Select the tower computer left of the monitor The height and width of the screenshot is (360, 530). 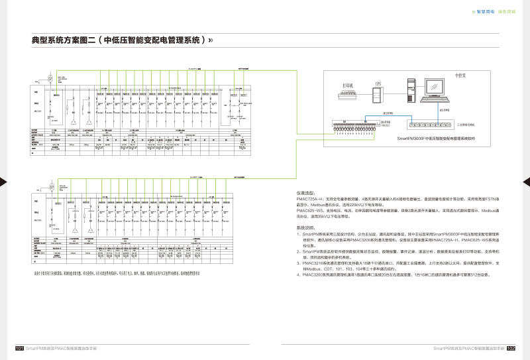[x=411, y=90]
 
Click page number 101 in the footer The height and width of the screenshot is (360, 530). [x=19, y=348]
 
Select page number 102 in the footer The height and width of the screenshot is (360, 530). [x=511, y=348]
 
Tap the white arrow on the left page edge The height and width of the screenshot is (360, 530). [x=3, y=181]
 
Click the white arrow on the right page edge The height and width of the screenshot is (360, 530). [x=527, y=181]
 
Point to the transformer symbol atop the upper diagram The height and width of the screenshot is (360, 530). [x=47, y=78]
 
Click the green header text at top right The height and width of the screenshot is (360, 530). [x=507, y=11]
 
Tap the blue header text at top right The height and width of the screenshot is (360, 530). [x=484, y=11]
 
